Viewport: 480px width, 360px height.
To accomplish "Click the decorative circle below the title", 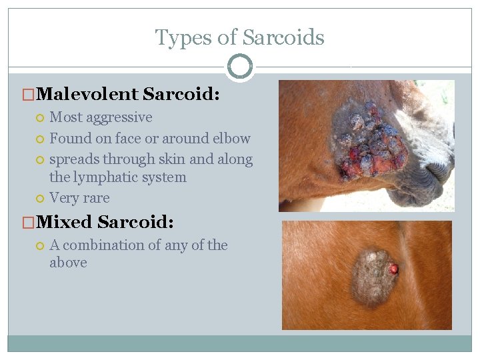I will coord(240,67).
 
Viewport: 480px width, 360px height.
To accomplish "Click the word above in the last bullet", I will coord(68,263).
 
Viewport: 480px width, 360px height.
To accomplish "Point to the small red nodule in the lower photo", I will coord(394,269).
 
